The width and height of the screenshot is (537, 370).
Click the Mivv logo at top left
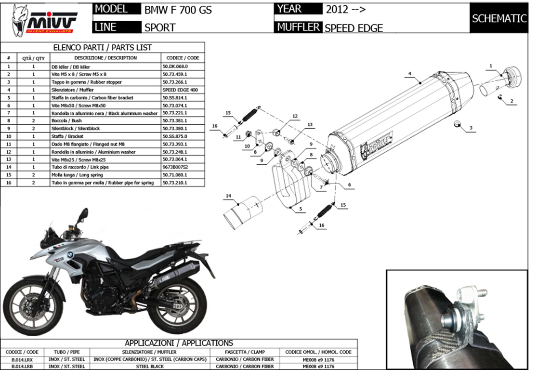point(45,20)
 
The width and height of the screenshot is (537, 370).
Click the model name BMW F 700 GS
point(178,10)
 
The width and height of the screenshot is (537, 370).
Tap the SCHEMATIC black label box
point(499,18)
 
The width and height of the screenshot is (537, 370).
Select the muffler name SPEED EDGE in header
point(354,28)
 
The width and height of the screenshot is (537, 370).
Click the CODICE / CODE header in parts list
point(182,58)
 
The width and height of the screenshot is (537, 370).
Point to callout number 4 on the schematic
point(409,74)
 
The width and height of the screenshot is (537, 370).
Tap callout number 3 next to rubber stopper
point(471,128)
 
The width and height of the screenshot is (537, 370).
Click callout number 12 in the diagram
point(295,116)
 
